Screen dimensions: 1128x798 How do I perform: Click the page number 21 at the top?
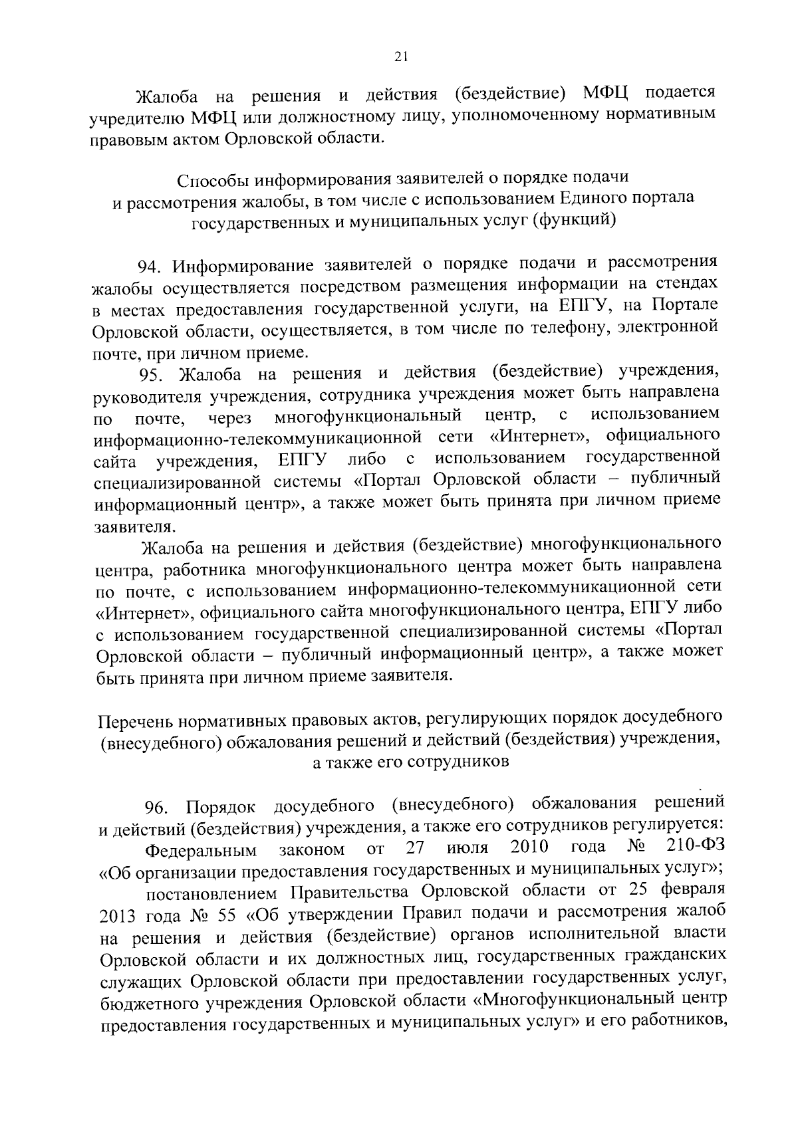tap(400, 58)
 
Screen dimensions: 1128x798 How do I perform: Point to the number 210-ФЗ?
tap(695, 847)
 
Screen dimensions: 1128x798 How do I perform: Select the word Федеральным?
tap(201, 850)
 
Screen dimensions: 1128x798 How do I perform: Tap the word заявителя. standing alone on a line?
tap(134, 527)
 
